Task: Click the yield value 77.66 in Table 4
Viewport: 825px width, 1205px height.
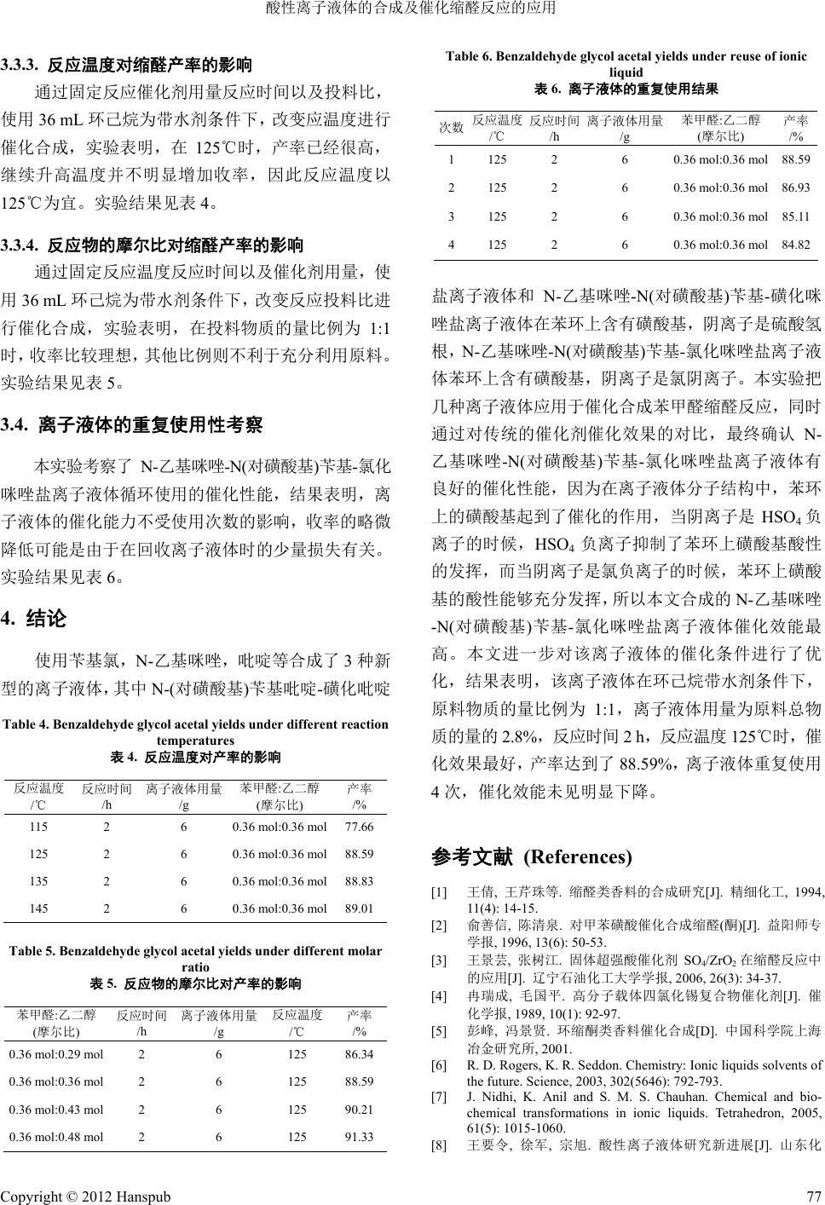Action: [359, 827]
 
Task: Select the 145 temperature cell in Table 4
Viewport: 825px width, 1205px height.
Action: [38, 908]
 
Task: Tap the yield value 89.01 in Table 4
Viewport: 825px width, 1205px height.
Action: [359, 908]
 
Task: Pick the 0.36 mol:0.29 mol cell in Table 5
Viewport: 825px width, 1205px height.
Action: [56, 1054]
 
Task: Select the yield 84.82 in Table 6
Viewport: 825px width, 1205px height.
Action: [795, 245]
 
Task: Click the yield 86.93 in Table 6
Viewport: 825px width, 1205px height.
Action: [795, 187]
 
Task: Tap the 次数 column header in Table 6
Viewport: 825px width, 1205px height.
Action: [451, 128]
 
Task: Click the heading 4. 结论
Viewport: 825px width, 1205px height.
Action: [35, 618]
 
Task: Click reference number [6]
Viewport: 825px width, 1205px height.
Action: [440, 1064]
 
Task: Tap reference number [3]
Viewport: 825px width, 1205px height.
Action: [440, 960]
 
